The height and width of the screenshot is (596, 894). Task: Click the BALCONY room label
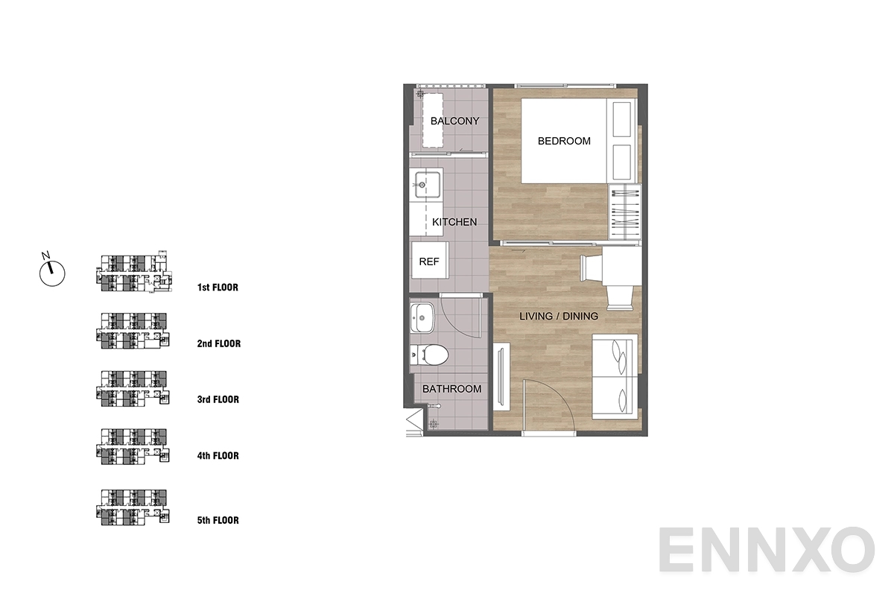point(454,121)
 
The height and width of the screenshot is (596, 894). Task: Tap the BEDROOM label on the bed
point(564,141)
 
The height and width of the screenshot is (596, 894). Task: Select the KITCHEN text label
point(454,222)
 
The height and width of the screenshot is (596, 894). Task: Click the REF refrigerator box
point(430,260)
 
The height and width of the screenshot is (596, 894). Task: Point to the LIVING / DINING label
point(558,316)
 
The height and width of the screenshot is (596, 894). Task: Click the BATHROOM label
point(451,389)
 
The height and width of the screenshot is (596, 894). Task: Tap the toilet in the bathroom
point(430,355)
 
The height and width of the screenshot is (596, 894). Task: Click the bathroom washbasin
point(422,318)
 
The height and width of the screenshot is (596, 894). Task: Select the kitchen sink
point(427,185)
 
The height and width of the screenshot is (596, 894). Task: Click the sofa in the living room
point(615,376)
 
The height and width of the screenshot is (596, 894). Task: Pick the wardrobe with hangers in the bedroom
point(624,212)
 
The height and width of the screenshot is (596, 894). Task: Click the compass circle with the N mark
point(52,273)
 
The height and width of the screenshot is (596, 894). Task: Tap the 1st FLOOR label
point(218,288)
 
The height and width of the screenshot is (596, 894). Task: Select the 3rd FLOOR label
point(218,399)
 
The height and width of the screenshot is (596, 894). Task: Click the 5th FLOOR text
point(218,520)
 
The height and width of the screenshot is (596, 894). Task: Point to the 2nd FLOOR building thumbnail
point(133,331)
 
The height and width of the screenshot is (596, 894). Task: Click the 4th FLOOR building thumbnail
point(133,446)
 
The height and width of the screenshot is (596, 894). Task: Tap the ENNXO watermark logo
point(766,550)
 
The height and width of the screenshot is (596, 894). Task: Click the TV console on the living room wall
point(501,376)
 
